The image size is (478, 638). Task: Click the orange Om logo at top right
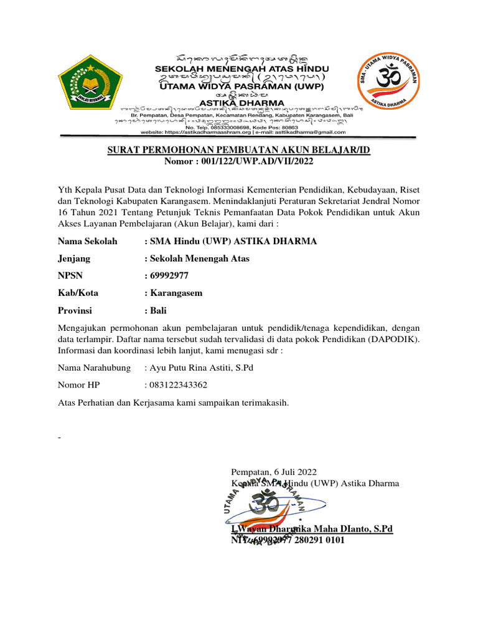coord(387,83)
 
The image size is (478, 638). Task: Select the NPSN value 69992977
coord(169,275)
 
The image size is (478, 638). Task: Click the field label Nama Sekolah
coord(88,241)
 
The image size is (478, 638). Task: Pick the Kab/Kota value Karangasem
coord(176,293)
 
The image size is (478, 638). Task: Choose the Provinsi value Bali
coord(157,310)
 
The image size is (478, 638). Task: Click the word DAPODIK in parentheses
coord(396,339)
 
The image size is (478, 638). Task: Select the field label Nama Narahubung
coord(94,368)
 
